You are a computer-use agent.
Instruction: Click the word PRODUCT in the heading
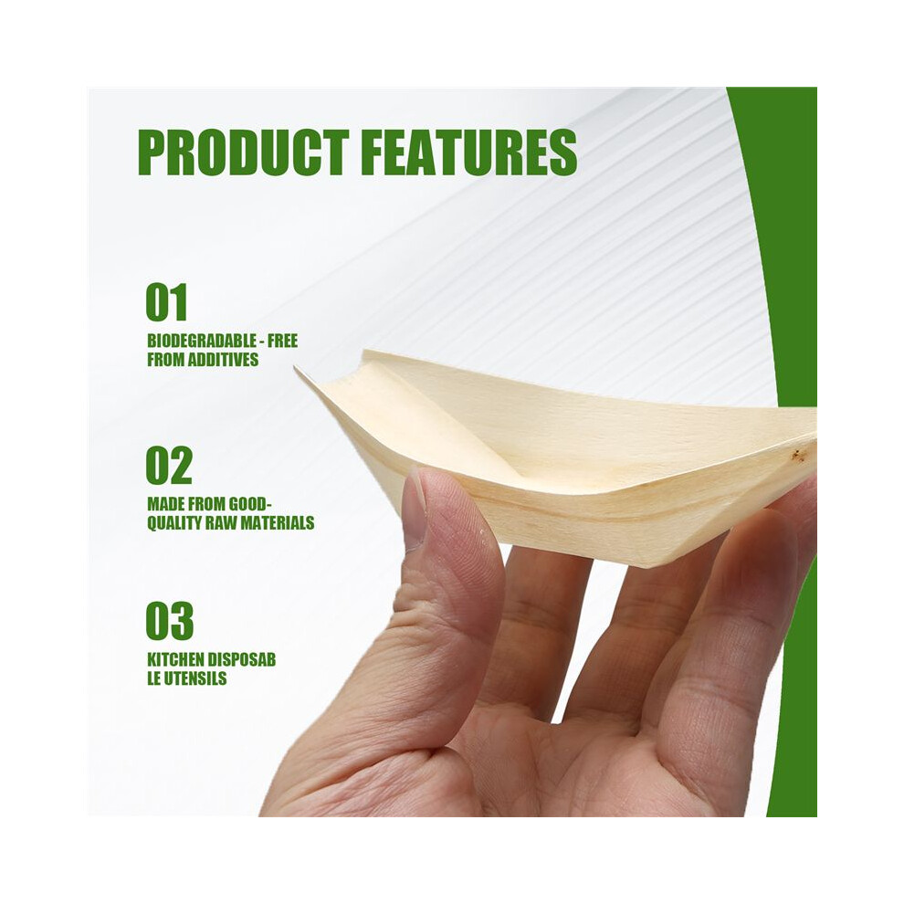[243, 152]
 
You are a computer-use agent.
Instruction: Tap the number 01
[166, 302]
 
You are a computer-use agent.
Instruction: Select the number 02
[168, 466]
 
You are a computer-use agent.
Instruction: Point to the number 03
[169, 621]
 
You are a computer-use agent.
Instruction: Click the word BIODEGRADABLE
[202, 341]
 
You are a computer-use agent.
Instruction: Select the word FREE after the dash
[282, 341]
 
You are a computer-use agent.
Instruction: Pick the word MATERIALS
[278, 523]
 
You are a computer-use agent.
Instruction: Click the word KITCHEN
[174, 659]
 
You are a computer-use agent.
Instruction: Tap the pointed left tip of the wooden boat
[295, 367]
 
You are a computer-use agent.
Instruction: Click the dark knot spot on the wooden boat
[797, 456]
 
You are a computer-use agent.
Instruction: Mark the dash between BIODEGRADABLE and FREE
[262, 342]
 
